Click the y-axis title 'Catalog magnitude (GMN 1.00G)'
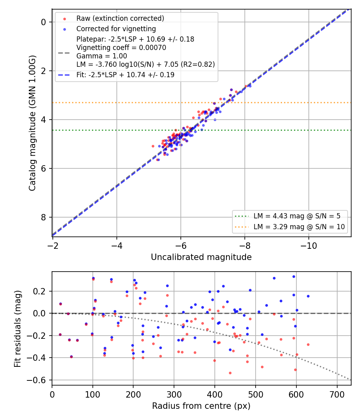[32, 123]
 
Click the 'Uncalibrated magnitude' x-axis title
[201, 257]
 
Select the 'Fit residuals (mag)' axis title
[18, 329]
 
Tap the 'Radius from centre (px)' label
[201, 406]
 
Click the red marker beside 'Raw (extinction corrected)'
[64, 19]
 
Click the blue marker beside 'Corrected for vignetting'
[64, 29]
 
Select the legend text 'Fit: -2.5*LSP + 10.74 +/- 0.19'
[125, 75]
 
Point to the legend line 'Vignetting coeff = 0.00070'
[121, 48]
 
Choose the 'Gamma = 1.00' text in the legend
[102, 56]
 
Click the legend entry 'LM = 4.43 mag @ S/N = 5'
[297, 216]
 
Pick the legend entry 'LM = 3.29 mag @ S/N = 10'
[299, 227]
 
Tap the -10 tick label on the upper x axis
[308, 246]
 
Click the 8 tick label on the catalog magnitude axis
[43, 217]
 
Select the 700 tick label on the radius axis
[337, 394]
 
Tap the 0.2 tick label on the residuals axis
[40, 291]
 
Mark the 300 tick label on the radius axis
[174, 394]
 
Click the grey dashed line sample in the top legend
[64, 53]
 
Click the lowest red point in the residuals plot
[230, 373]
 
